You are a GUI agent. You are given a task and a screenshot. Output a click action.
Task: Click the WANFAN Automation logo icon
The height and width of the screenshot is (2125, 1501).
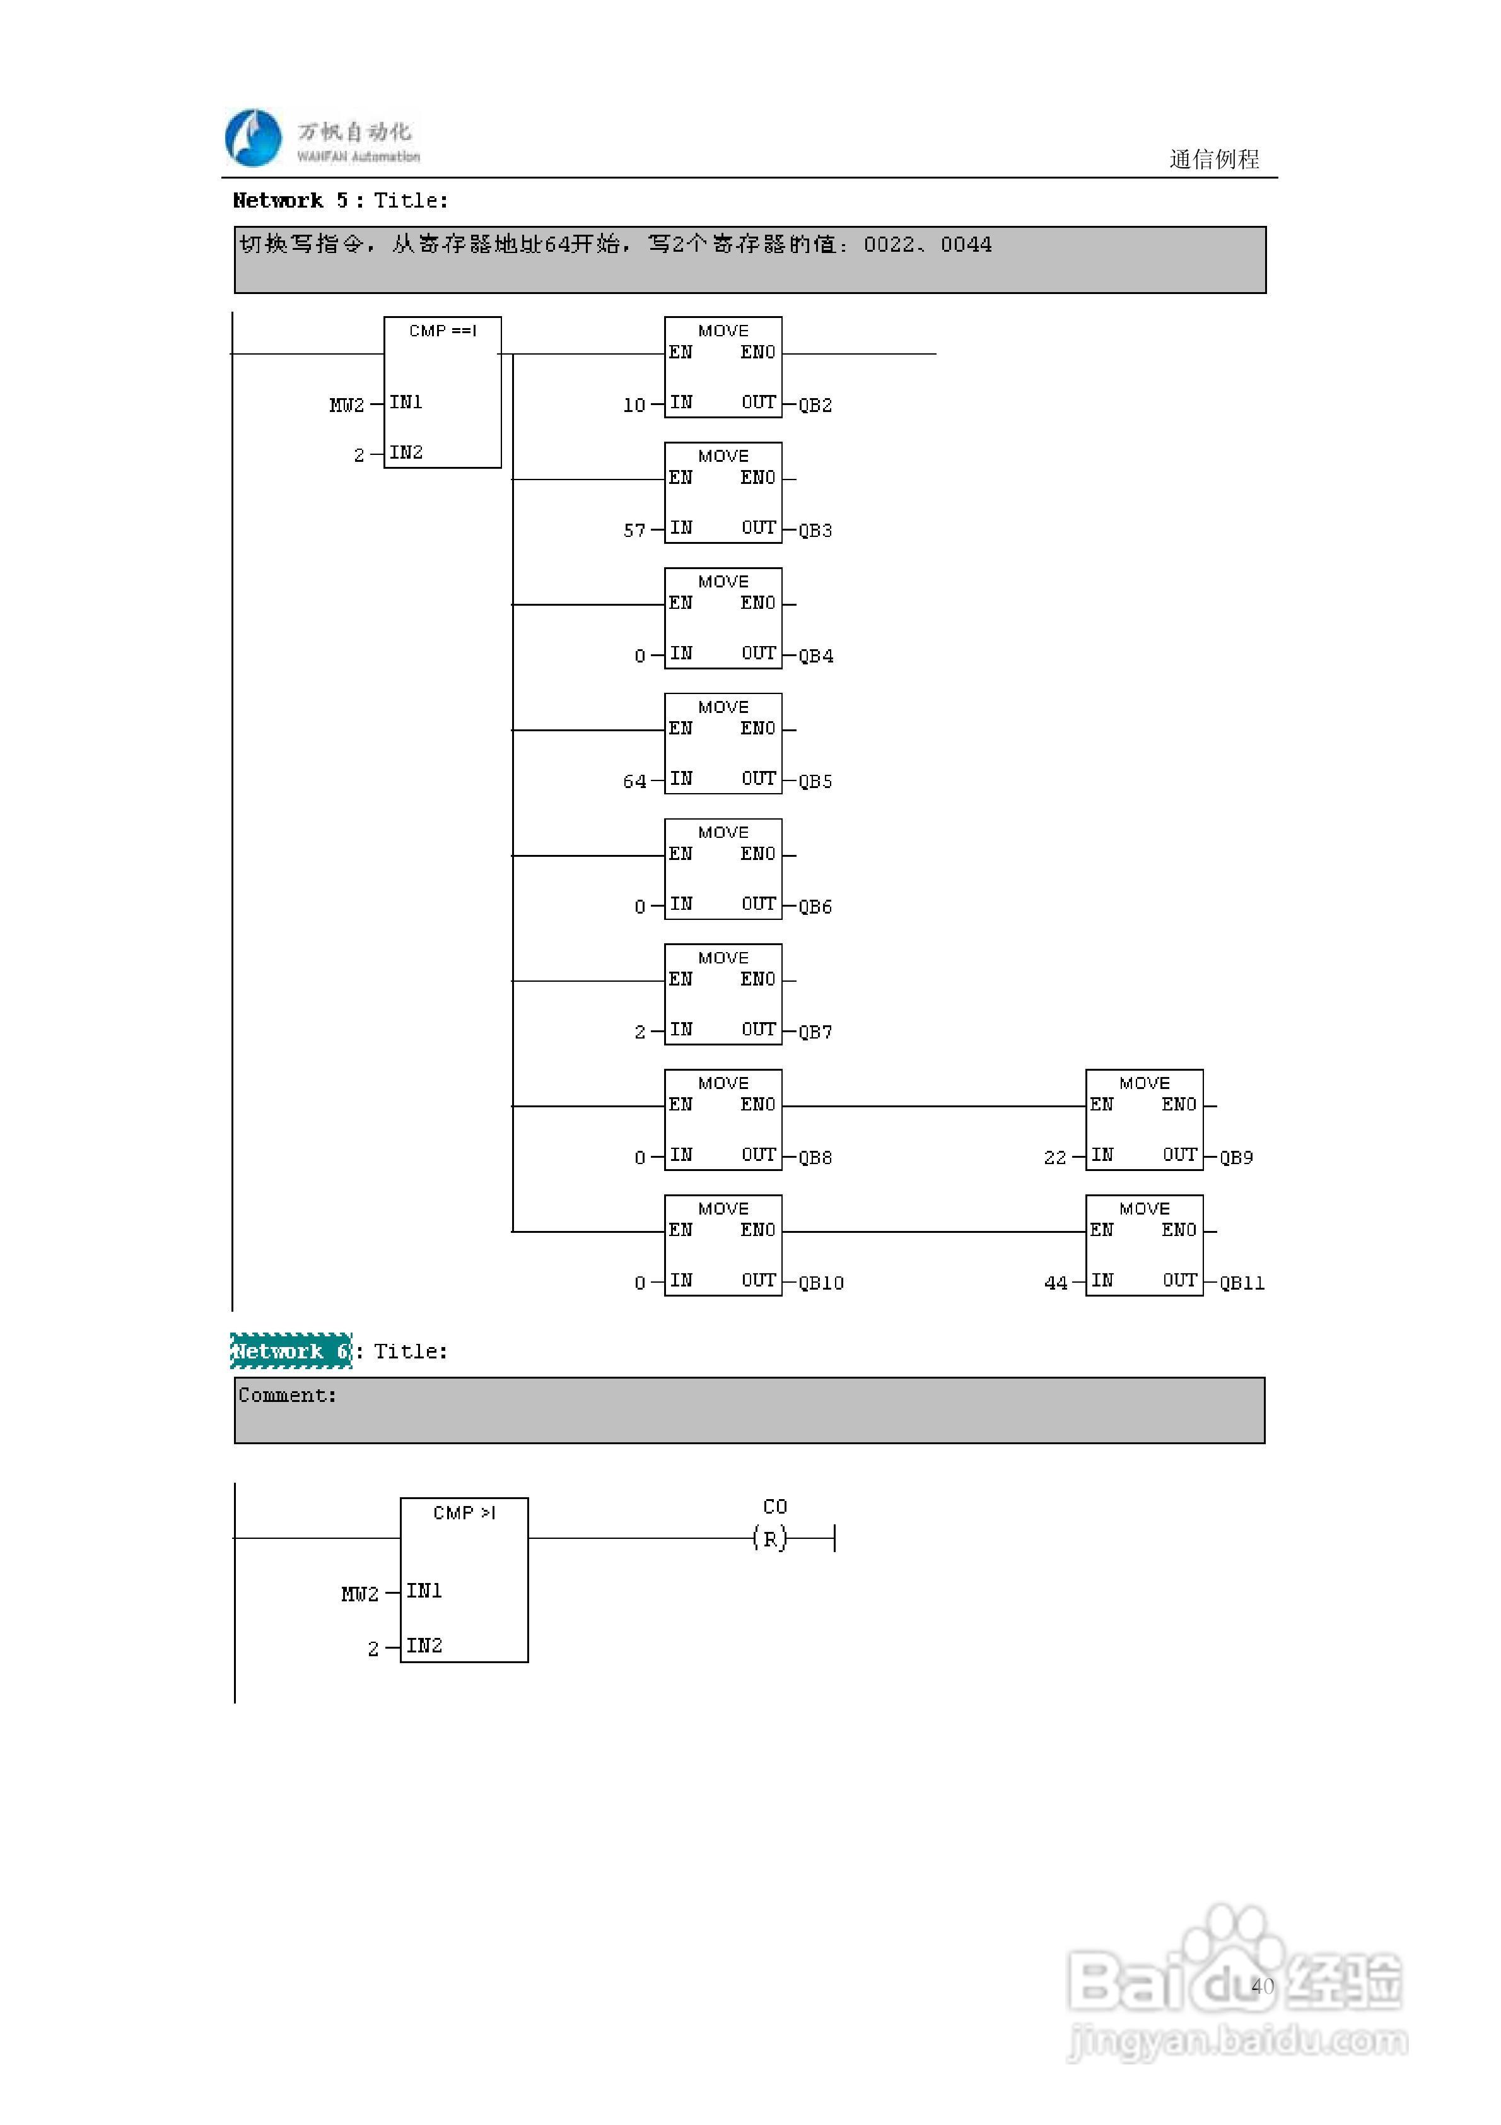coord(253,139)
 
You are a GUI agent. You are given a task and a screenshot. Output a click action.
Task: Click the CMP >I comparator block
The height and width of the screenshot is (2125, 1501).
coord(464,1579)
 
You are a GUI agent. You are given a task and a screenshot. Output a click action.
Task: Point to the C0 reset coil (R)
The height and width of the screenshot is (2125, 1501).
coord(770,1538)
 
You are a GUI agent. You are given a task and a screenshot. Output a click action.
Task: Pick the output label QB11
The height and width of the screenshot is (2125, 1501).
coord(1241,1283)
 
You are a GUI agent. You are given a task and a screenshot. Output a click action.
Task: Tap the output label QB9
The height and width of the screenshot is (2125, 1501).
coord(1235,1158)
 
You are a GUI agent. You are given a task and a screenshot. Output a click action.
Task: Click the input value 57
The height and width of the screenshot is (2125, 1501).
coord(634,531)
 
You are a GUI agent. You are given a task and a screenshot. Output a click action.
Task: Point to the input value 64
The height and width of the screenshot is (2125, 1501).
coord(634,781)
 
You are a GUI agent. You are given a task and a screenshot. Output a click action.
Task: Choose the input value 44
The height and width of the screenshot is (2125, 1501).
coord(1055,1283)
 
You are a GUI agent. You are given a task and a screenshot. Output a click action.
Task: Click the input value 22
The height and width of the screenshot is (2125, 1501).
coord(1055,1158)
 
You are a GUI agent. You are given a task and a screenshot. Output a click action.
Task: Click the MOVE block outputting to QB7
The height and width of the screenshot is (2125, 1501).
coord(723,994)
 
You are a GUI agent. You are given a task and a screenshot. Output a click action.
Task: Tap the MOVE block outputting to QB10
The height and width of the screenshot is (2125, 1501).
coord(723,1245)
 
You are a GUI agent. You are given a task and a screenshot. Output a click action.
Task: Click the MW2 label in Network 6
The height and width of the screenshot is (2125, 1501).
coord(359,1594)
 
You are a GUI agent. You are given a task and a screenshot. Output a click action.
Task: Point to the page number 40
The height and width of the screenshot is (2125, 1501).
coord(1262,1986)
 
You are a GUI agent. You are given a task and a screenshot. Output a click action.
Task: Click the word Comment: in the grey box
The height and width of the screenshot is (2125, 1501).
coord(287,1395)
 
